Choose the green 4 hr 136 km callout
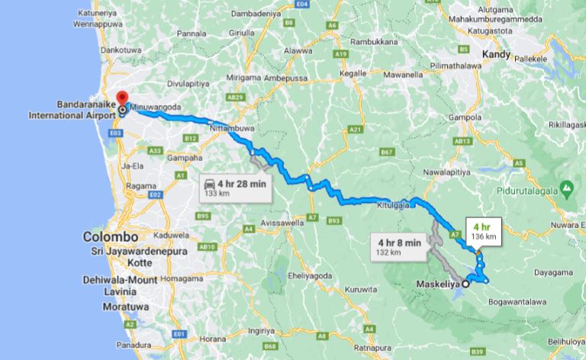pyautogui.click(x=480, y=232)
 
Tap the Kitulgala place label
pyautogui.click(x=394, y=205)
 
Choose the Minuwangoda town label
pyautogui.click(x=156, y=108)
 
